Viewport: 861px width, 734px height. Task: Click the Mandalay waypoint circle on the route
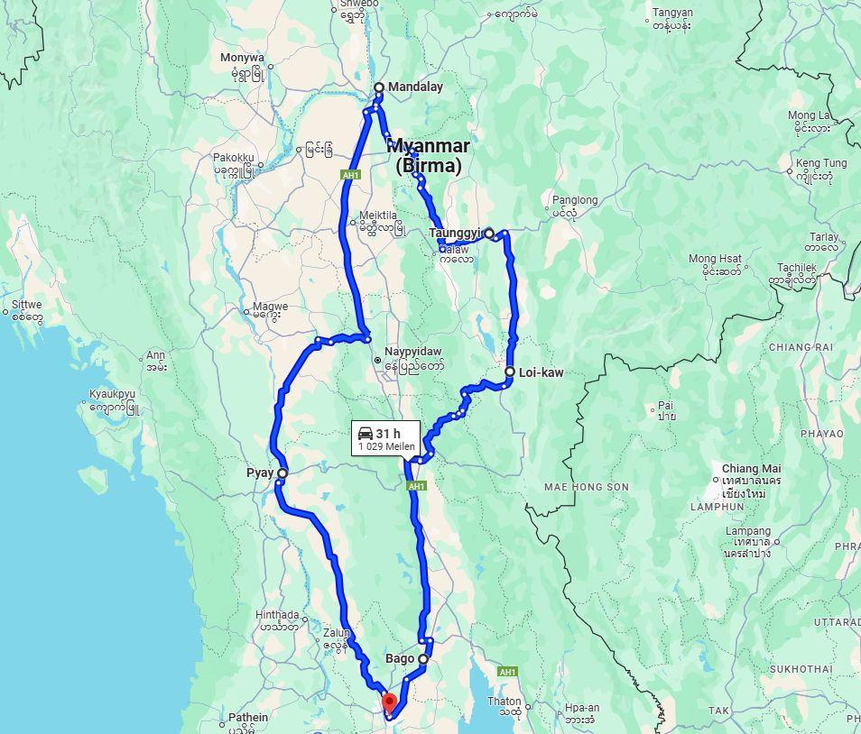379,87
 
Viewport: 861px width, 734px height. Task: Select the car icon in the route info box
366,434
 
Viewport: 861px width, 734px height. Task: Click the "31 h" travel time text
389,434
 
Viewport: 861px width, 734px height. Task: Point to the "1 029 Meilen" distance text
386,446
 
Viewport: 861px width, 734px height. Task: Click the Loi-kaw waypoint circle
510,372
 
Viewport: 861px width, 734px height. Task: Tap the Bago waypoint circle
423,659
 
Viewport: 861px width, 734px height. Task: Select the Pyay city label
260,473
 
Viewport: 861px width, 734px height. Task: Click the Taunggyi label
456,234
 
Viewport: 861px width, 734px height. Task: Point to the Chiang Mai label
751,469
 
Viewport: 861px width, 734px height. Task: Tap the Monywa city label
242,58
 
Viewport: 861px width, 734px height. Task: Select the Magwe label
270,307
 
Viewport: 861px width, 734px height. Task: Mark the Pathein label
247,717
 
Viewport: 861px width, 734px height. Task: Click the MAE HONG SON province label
586,487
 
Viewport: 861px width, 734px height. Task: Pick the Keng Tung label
821,163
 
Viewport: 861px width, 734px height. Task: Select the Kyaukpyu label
112,394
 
